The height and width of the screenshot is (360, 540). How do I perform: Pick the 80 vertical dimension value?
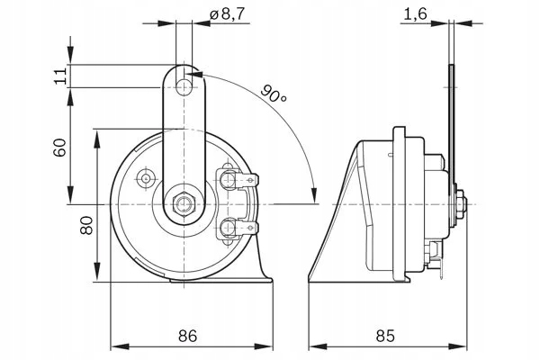[86, 224]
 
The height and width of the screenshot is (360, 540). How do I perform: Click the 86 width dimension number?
[187, 336]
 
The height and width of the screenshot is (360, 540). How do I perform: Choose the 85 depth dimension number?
[384, 336]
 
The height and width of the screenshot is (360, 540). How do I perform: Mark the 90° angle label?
[274, 93]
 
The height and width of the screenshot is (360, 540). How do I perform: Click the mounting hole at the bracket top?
[185, 86]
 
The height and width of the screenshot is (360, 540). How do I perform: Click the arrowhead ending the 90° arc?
[312, 196]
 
